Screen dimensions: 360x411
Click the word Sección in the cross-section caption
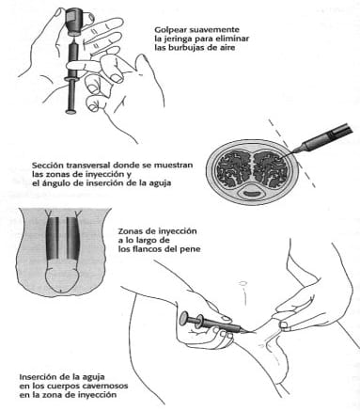coord(46,166)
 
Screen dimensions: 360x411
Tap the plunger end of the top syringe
coord(72,110)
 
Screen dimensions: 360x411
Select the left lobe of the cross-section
coord(232,169)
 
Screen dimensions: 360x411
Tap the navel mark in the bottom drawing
coord(242,283)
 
